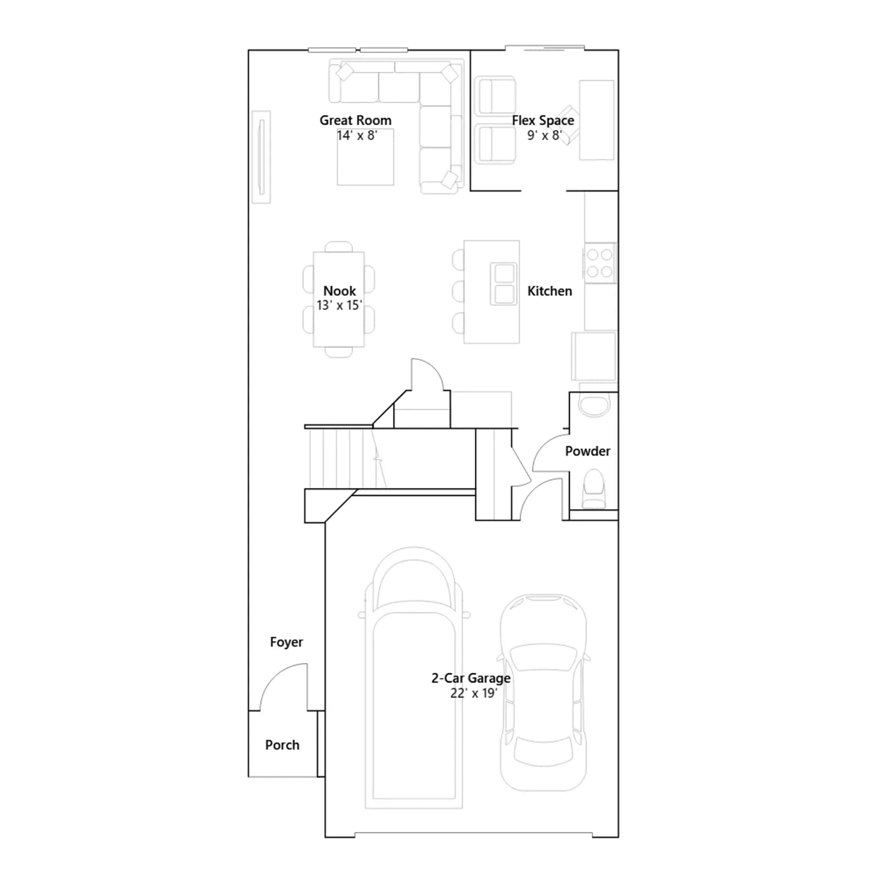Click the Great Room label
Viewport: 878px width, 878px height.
(356, 120)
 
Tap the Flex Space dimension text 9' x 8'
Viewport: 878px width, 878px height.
(544, 135)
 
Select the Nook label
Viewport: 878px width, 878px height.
(339, 291)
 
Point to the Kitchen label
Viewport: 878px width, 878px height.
(549, 291)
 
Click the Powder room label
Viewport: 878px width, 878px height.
(588, 451)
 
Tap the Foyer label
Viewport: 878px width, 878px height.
(286, 642)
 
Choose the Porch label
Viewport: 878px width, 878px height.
(282, 745)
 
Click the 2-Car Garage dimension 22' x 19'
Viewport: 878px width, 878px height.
(474, 693)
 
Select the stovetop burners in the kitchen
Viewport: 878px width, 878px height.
(600, 263)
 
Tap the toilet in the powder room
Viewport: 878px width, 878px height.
(593, 489)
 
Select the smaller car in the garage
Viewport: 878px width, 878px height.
(543, 693)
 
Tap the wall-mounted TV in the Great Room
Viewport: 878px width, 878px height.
(262, 157)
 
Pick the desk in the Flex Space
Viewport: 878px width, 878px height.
(596, 120)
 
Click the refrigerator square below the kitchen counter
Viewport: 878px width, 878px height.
(594, 356)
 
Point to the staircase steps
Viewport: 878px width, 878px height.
(346, 458)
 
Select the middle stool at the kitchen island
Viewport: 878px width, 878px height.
(458, 291)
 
